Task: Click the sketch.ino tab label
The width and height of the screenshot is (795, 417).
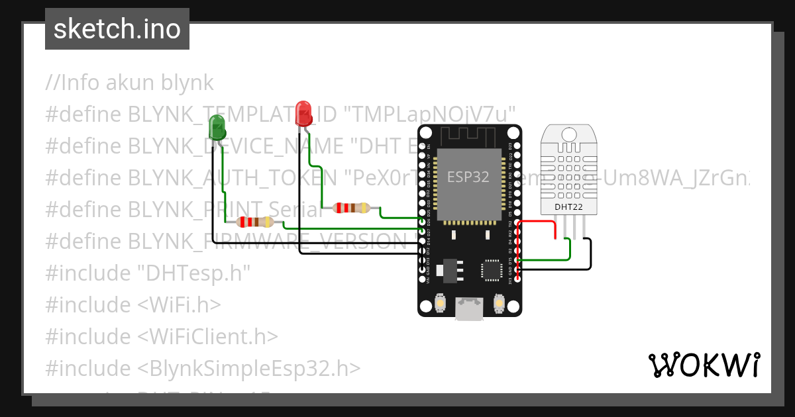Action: pos(117,29)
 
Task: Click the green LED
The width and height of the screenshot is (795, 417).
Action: pos(217,126)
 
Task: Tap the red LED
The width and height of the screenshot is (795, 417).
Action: pos(303,113)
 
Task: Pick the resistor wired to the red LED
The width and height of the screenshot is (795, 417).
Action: pos(351,208)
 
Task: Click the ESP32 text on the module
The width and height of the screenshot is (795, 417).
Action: pos(469,177)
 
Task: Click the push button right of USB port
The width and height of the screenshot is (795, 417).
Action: pos(499,304)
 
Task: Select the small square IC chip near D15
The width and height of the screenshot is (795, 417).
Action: pos(491,269)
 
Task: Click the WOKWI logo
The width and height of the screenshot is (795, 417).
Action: pos(704,365)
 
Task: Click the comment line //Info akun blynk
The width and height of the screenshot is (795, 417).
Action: pos(130,83)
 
